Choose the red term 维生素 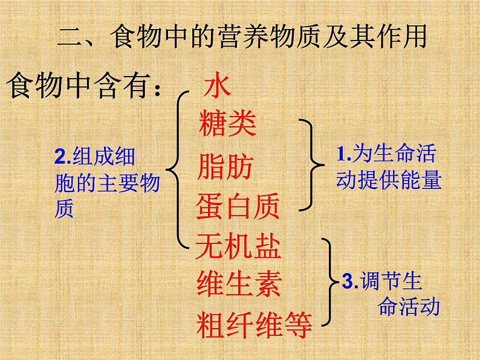239,283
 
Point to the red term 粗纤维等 254,325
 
